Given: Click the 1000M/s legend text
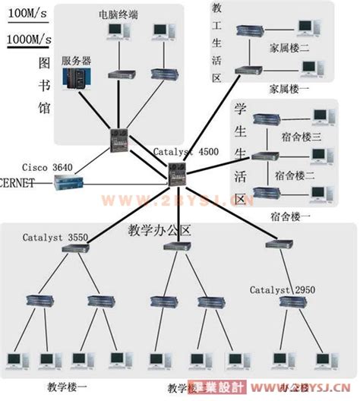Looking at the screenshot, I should pos(30,38).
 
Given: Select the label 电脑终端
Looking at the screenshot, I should pos(118,14).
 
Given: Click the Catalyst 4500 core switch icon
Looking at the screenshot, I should pos(179,174).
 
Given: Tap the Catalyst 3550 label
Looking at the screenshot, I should pos(55,238).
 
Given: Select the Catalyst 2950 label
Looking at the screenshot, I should pos(281,290).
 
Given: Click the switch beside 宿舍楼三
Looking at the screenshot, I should pos(264,119).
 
